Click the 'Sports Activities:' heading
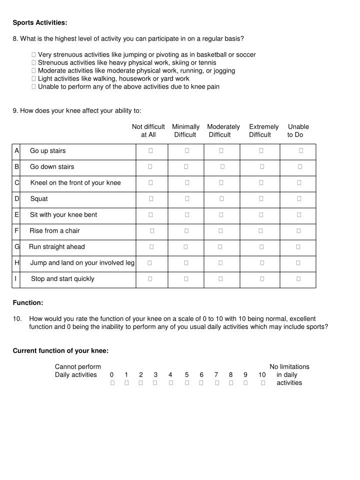pos(40,23)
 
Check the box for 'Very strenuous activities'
pos(33,55)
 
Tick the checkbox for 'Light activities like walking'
pos(33,79)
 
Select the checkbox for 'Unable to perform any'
pos(33,87)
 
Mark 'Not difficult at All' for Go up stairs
pos(150,151)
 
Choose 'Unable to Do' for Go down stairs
pos(300,167)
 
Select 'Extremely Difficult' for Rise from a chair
pos(260,231)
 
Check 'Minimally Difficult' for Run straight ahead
pos(185,247)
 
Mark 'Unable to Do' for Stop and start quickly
pos(298,279)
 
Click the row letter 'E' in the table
pos(17,215)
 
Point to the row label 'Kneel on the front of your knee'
pos(75,183)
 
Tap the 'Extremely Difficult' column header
pos(263,130)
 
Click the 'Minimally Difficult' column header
pos(185,130)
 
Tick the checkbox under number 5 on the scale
pos(187,383)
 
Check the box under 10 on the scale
pos(263,383)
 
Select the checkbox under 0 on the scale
pos(112,383)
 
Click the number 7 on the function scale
pos(216,375)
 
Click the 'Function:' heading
pos(28,303)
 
